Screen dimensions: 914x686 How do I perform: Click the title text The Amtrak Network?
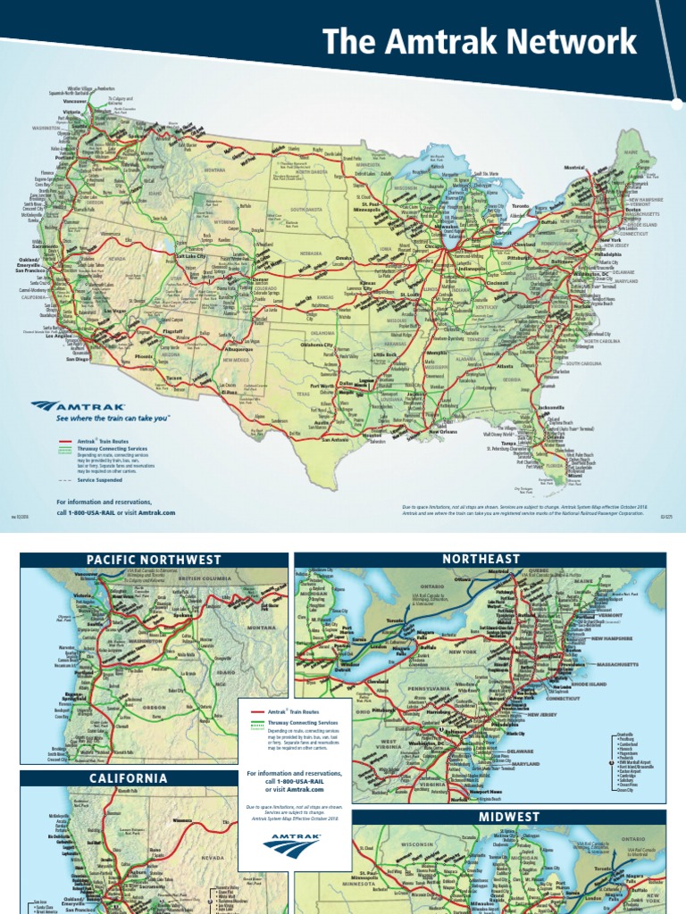tap(480, 42)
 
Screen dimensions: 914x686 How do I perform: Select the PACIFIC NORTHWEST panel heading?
tap(154, 560)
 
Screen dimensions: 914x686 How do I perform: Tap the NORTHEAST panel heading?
tap(480, 559)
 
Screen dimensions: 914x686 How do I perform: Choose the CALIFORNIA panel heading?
tap(128, 778)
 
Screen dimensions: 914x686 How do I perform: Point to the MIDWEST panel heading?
tap(509, 817)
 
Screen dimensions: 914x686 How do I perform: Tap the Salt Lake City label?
tap(189, 256)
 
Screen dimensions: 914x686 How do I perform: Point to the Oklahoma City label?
tap(322, 345)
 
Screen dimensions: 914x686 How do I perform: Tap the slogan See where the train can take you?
tap(113, 418)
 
